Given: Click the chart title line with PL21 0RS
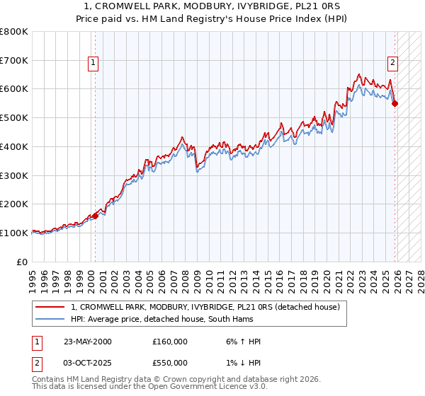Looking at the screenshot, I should tap(212, 7).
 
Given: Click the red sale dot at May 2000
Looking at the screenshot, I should tap(95, 216).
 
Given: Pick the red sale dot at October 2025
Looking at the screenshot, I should tap(395, 103).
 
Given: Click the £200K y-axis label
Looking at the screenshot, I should tap(14, 204).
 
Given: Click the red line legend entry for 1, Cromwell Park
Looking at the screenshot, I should tap(205, 307).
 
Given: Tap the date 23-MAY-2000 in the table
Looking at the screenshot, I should tap(88, 342).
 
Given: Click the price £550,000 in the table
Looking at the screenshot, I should tap(170, 363).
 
